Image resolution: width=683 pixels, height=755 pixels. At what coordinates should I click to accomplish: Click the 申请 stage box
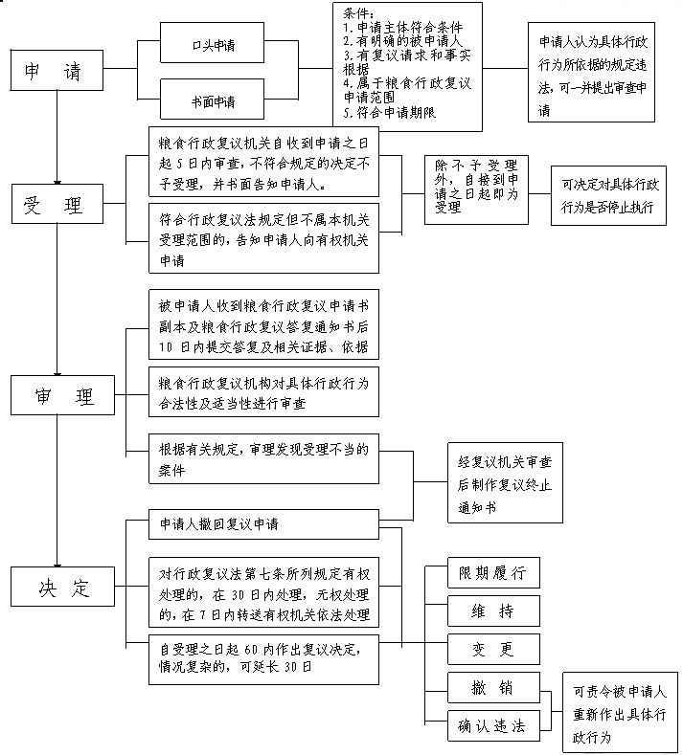pos(57,71)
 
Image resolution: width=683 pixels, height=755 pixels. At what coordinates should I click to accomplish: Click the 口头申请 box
pos(212,44)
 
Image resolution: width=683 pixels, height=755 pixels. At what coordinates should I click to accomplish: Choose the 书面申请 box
pos(212,100)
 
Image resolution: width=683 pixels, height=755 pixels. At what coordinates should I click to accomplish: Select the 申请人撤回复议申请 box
pos(263,526)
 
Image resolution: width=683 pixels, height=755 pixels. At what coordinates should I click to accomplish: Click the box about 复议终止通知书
pos(504,483)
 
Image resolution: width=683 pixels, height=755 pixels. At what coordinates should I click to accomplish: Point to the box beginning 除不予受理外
pos(476,190)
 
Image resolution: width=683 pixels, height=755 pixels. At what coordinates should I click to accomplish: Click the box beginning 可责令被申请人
pos(620,713)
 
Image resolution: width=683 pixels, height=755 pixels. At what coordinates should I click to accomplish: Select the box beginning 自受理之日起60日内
pos(263,658)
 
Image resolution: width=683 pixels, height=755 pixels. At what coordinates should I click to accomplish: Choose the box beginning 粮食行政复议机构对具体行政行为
pos(263,391)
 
